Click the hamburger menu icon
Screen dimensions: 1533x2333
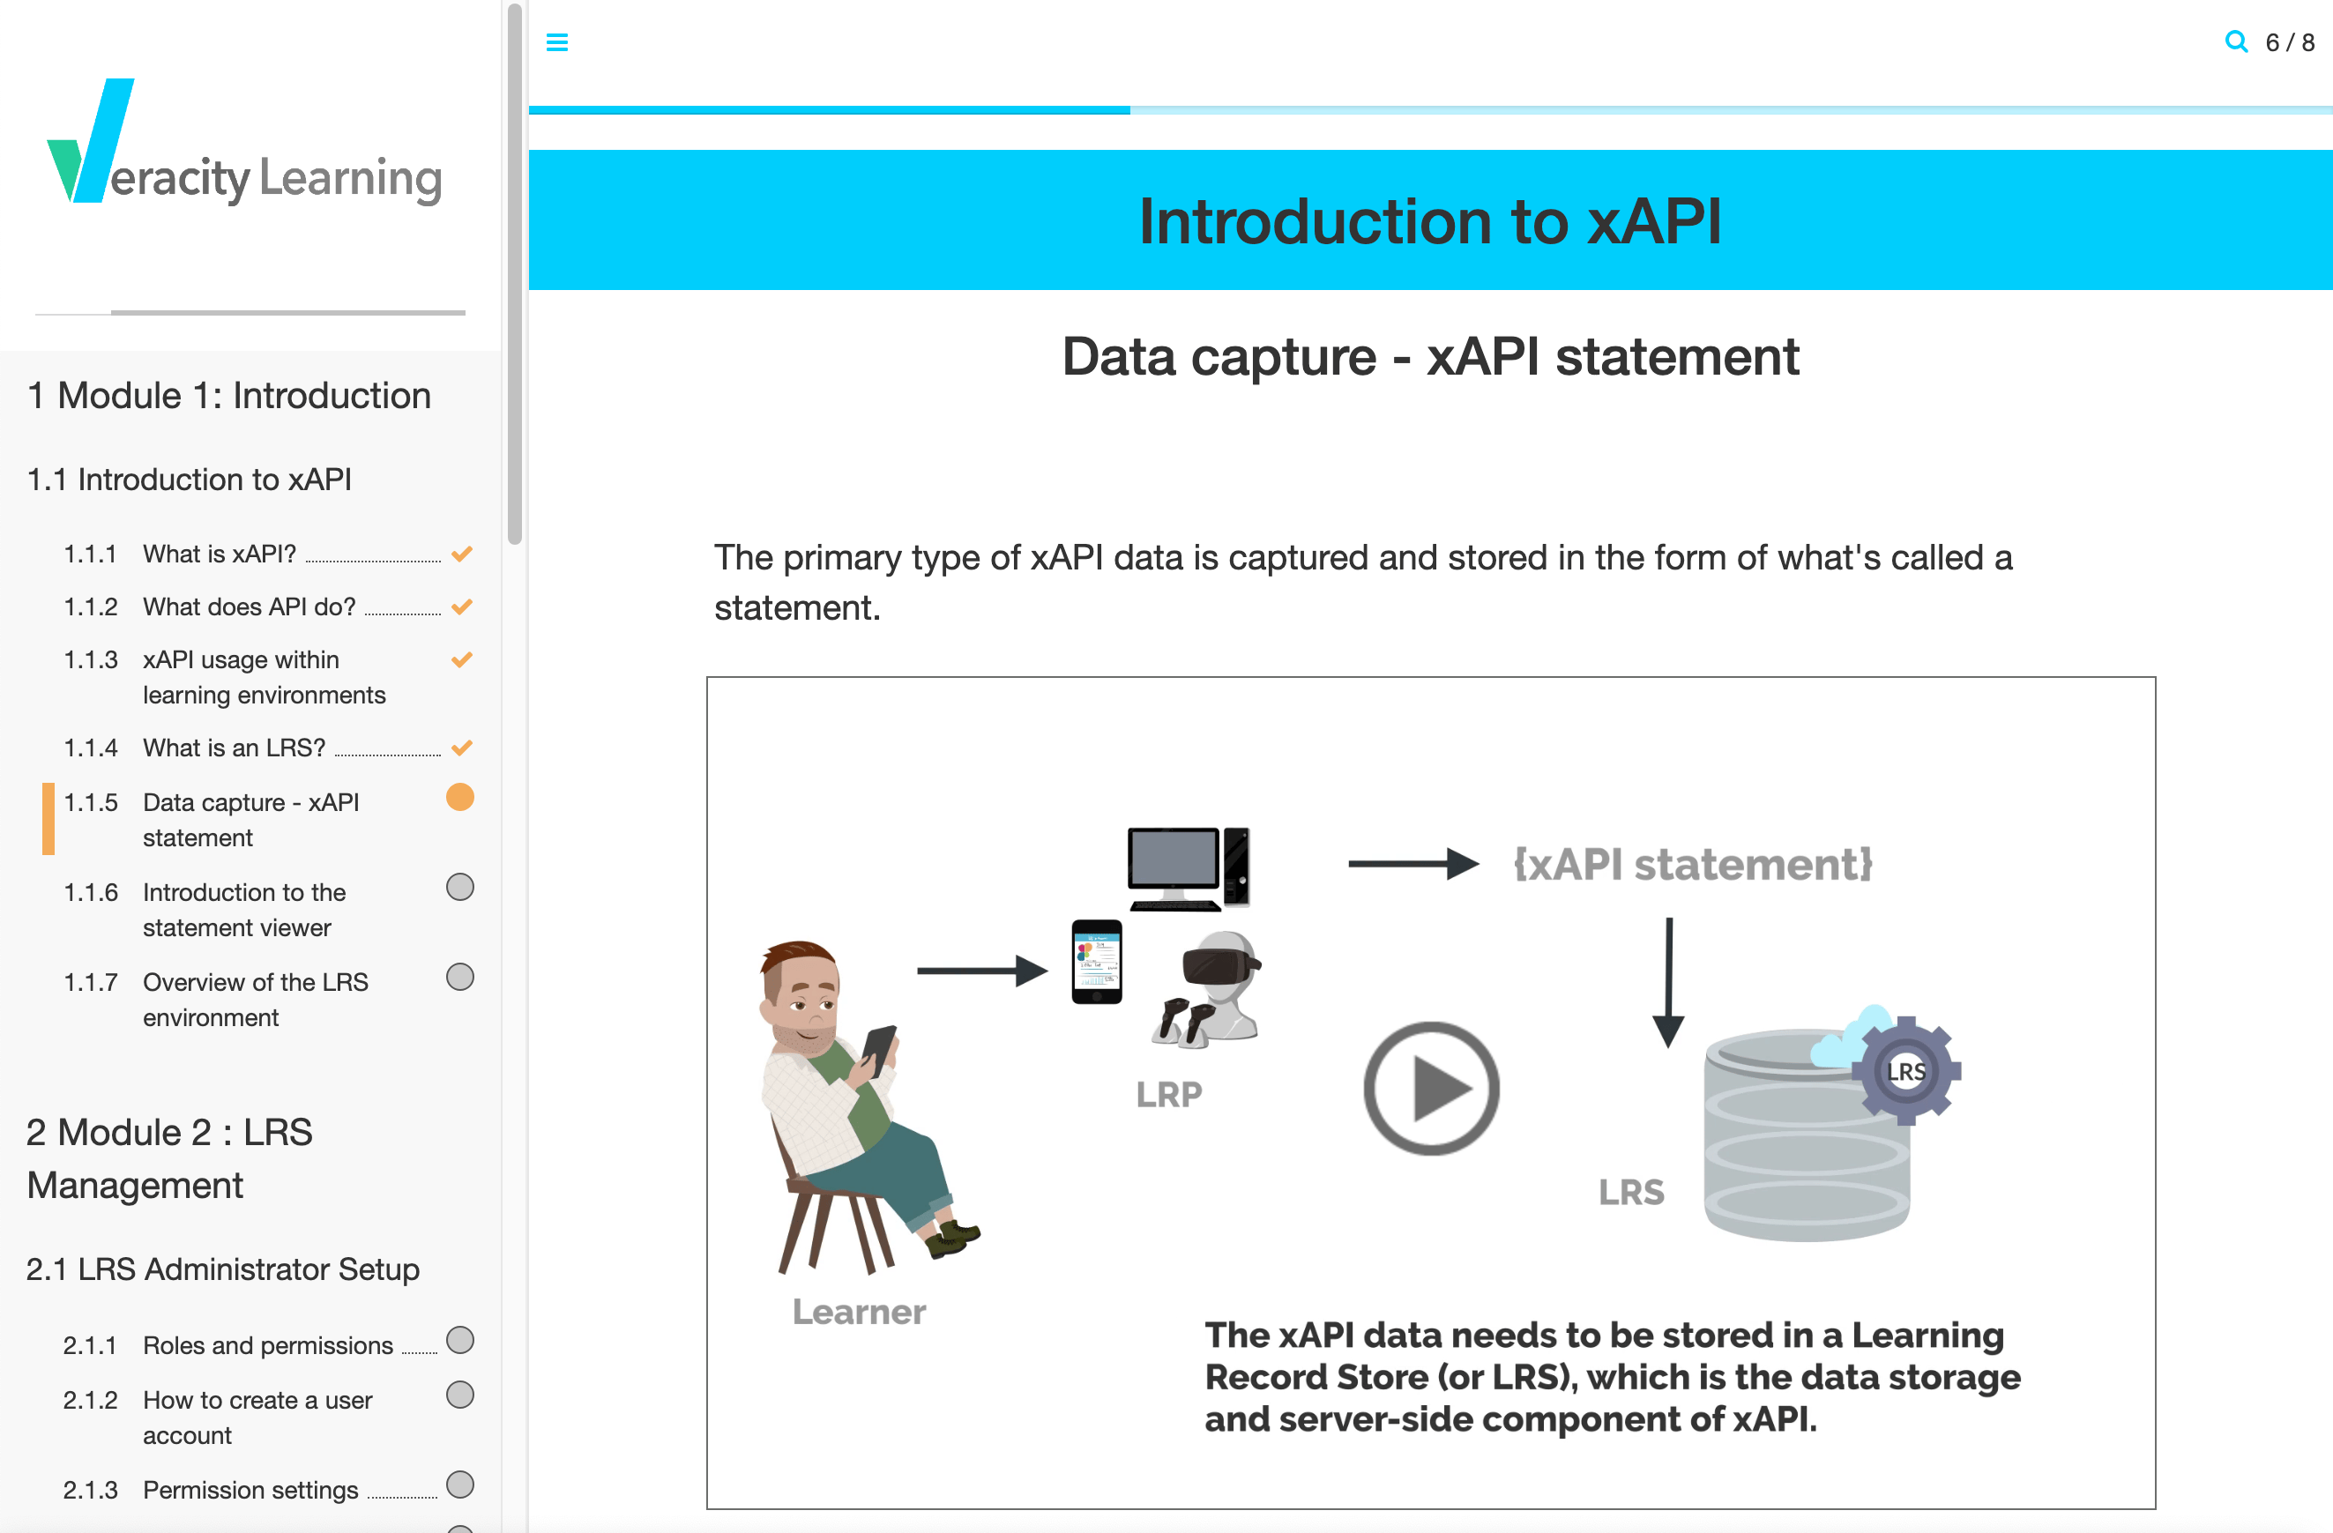click(x=556, y=42)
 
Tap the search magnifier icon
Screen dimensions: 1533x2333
click(x=2235, y=41)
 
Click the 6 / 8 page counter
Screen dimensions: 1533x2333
click(x=2290, y=43)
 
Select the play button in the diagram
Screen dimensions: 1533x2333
click(x=1430, y=1089)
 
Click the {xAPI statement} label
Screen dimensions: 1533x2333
click(x=1692, y=865)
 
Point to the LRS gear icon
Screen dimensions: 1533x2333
click(x=1905, y=1070)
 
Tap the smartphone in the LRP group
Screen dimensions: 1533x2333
click(x=1096, y=962)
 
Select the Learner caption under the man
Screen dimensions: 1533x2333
click(x=859, y=1312)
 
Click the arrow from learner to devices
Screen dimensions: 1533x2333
click(x=981, y=971)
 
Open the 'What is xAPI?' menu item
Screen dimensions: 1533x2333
click(x=220, y=554)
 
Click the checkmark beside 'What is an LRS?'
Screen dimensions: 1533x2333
click(x=462, y=748)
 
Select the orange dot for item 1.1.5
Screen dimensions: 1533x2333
click(x=459, y=798)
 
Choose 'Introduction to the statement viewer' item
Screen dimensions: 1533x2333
click(x=244, y=910)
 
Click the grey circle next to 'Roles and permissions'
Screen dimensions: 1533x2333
click(x=459, y=1340)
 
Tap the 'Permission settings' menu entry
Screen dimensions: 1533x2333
click(x=250, y=1490)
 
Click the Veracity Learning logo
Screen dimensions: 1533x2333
click(x=245, y=147)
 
